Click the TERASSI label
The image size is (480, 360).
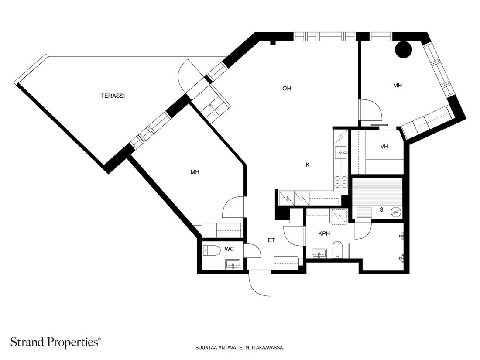[113, 96]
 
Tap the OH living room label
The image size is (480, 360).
[287, 89]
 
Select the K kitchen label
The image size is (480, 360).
[308, 165]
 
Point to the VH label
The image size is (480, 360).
[384, 146]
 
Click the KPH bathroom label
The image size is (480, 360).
[324, 233]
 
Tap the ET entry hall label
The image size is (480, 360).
[271, 240]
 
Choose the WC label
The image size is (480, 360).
[229, 249]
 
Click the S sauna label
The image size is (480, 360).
[381, 210]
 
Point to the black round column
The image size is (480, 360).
[403, 49]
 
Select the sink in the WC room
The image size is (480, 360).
[233, 264]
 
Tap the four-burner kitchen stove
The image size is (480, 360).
[341, 182]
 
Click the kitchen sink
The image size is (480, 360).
[341, 153]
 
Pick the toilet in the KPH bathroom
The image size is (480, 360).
[338, 250]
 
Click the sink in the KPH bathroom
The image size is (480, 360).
[319, 254]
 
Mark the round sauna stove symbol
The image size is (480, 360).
[396, 212]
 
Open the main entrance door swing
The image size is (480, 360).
[260, 284]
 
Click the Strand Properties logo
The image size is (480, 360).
[55, 342]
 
